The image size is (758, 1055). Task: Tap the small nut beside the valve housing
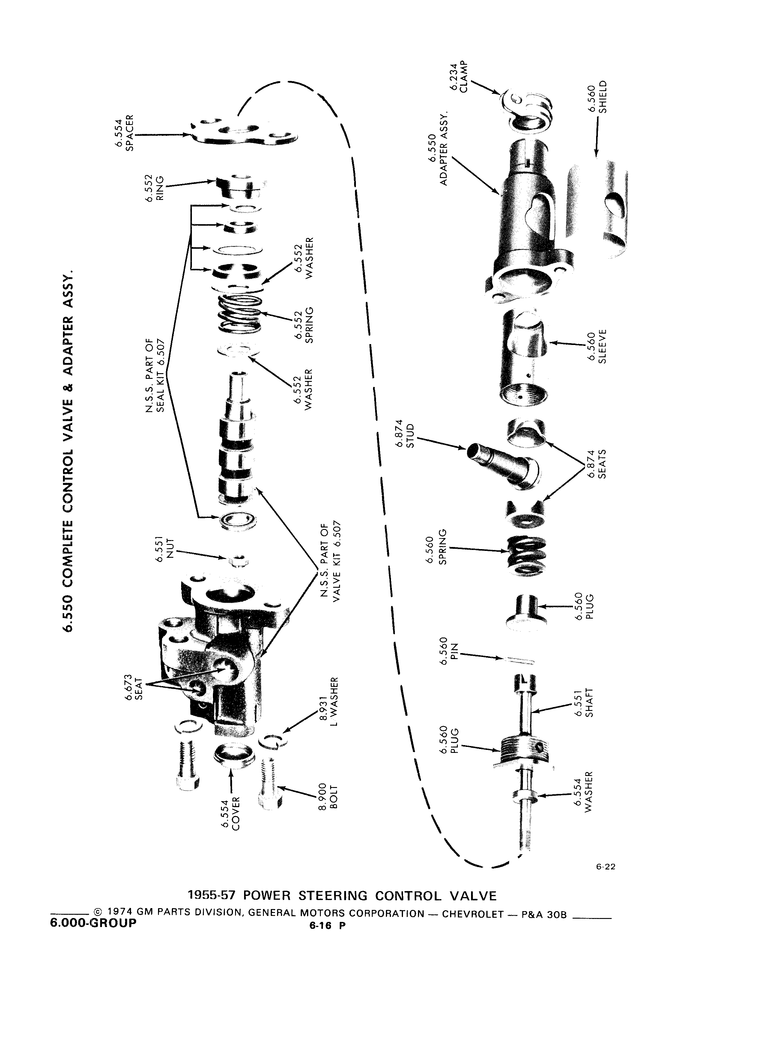[x=238, y=560]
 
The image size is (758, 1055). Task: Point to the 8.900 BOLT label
[x=328, y=798]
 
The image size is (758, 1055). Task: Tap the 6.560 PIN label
[x=448, y=648]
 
